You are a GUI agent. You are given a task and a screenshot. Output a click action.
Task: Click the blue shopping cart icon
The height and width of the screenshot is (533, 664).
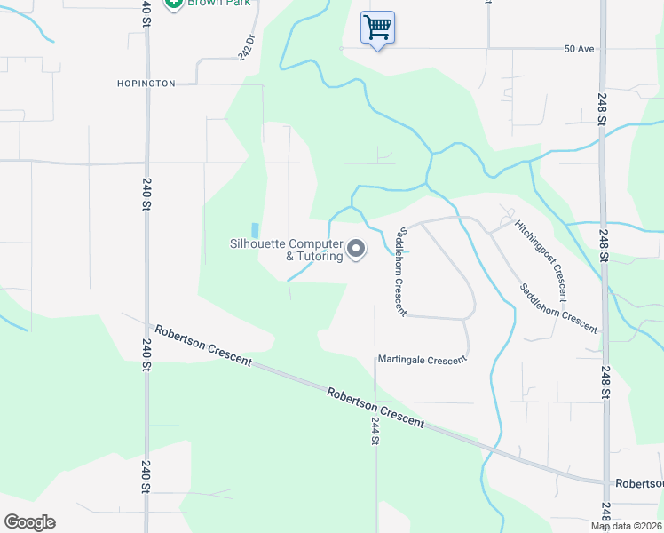tap(377, 28)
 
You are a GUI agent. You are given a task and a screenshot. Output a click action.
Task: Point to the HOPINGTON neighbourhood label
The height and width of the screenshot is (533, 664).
tap(146, 84)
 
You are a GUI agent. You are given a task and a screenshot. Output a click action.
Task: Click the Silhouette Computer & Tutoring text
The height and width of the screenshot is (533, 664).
tap(286, 250)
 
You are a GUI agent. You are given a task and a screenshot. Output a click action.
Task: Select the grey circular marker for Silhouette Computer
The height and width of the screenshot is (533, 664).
tap(356, 250)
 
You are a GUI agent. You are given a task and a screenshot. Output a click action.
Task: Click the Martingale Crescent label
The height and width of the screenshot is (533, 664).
tap(422, 360)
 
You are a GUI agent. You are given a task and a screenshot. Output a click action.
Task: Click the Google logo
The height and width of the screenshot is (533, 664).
tap(29, 521)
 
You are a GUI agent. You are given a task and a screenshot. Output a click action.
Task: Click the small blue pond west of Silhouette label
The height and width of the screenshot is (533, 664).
tap(256, 230)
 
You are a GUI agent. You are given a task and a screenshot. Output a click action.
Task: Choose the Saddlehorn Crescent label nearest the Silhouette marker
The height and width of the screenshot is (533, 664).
tap(399, 270)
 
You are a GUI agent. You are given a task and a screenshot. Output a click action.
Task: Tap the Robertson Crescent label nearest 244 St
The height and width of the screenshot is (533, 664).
tap(375, 407)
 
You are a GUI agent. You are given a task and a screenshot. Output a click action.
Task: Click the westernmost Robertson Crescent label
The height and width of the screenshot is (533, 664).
tap(203, 346)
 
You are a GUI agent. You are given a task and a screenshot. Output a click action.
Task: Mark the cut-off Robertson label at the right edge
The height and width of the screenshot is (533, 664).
tap(638, 485)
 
